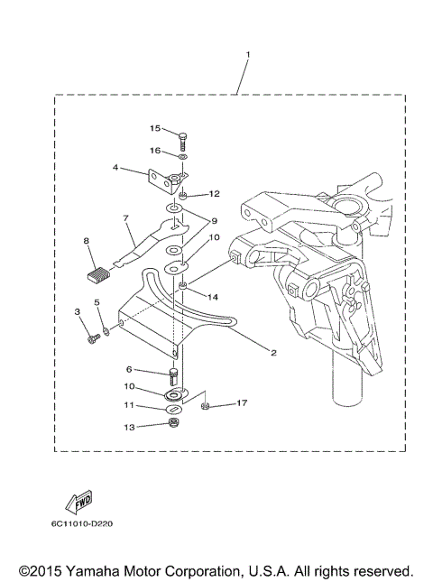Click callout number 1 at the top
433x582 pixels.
click(247, 55)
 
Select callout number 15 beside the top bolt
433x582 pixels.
click(155, 129)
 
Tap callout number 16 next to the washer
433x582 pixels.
click(155, 151)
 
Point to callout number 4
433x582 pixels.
click(115, 167)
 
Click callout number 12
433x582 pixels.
click(214, 194)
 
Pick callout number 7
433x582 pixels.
click(127, 217)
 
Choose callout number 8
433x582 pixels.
click(87, 241)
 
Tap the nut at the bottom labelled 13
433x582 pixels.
click(173, 424)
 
